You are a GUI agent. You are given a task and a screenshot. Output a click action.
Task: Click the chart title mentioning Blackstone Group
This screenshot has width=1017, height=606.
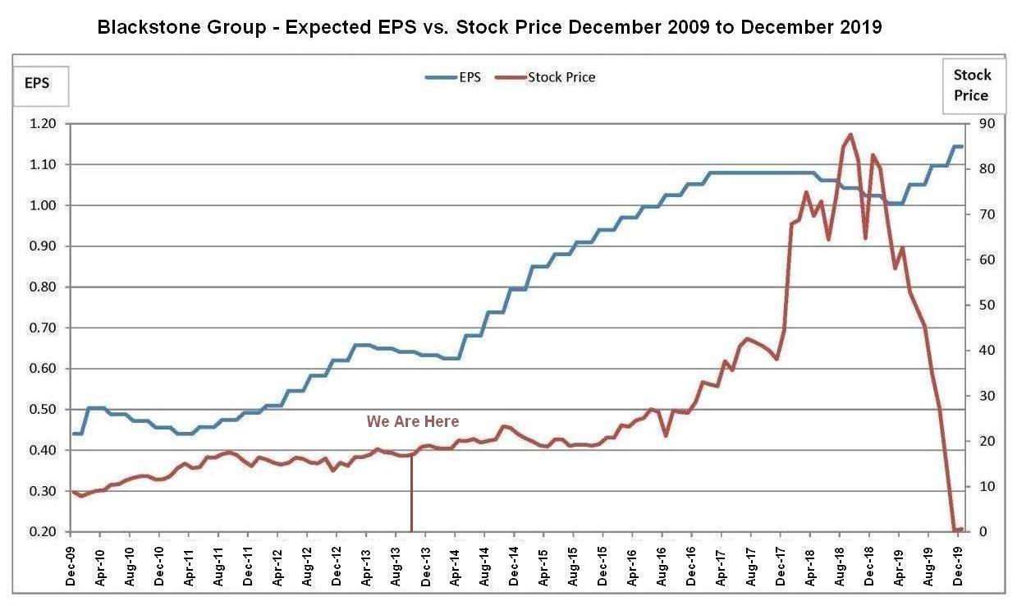tap(489, 26)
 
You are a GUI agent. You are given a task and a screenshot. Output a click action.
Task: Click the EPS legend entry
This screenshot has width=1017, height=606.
tap(453, 77)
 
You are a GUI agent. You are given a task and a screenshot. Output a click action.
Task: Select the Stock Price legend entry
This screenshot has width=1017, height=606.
tap(547, 77)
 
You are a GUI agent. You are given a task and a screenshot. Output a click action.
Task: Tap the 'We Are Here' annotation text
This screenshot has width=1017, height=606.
tap(413, 421)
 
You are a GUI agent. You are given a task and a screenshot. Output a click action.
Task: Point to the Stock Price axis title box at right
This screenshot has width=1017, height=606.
tap(972, 85)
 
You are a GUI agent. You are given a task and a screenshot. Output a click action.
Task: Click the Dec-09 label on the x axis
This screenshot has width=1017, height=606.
tap(71, 560)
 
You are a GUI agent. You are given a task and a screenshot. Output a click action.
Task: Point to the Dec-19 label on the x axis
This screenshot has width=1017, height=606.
tap(957, 560)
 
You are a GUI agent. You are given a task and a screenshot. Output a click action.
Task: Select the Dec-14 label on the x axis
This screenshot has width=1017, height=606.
tap(514, 560)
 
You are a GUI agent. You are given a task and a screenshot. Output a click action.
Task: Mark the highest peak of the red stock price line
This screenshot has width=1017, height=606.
tap(850, 134)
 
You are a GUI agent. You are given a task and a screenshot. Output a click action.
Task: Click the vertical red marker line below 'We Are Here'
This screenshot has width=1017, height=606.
tap(410, 493)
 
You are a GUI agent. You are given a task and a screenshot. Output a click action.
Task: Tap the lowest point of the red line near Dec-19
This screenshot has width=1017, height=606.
tap(954, 530)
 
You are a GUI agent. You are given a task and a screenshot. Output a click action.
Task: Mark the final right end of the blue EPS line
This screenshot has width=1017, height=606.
tap(962, 146)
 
